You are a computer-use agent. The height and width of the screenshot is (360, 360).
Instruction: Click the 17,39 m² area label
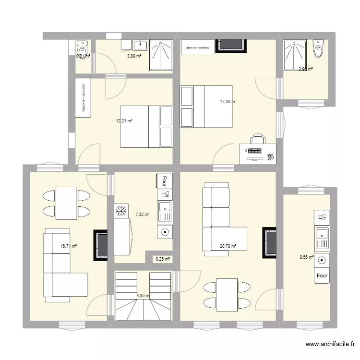coord(228,102)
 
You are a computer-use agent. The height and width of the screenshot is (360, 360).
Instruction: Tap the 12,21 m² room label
coord(124,121)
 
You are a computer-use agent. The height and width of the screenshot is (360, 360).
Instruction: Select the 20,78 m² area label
coord(228,246)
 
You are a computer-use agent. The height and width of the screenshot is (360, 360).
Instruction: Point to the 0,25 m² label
coord(161,259)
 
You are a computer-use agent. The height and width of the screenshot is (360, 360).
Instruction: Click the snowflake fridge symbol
coord(120,210)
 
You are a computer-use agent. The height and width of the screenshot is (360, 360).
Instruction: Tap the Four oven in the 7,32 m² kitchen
coord(164,180)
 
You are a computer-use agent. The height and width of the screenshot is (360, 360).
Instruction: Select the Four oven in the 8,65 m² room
coord(322,276)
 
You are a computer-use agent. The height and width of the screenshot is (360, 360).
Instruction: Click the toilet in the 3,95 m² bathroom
coord(317,48)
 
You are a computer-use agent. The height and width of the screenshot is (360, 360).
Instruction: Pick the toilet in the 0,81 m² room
coord(82,48)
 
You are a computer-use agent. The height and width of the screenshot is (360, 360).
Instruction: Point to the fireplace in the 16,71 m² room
coord(101,245)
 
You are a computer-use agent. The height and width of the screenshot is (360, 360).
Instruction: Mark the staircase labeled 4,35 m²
coord(143,296)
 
